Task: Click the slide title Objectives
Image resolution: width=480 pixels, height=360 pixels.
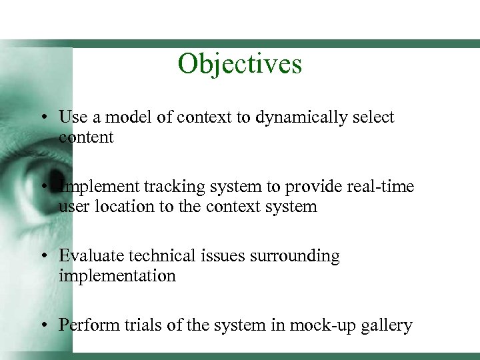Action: tap(240, 64)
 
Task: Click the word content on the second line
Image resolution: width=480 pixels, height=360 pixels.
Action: tap(86, 137)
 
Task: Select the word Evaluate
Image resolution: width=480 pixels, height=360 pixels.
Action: tap(89, 256)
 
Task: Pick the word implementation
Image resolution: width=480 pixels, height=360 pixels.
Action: tap(117, 276)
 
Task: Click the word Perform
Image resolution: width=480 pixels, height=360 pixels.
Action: tap(86, 325)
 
